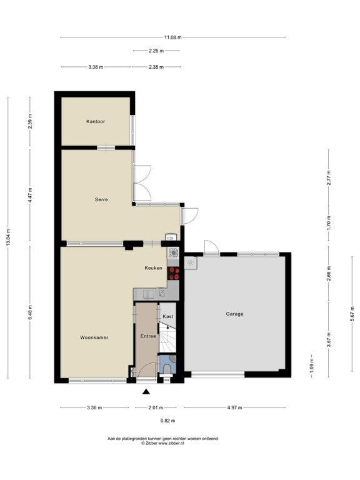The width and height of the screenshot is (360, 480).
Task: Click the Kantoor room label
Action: pyautogui.click(x=96, y=121)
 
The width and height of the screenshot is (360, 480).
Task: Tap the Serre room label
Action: pyautogui.click(x=101, y=199)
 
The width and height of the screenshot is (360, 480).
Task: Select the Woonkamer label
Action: pyautogui.click(x=94, y=337)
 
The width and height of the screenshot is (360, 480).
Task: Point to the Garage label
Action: pyautogui.click(x=235, y=314)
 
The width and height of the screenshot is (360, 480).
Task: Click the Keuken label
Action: pyautogui.click(x=153, y=268)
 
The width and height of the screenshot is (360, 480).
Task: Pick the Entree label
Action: pyautogui.click(x=148, y=336)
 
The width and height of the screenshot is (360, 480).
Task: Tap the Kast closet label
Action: pyautogui.click(x=167, y=316)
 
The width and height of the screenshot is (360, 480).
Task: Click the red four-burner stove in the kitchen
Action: pyautogui.click(x=174, y=273)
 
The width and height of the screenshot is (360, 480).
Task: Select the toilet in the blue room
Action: pyautogui.click(x=167, y=369)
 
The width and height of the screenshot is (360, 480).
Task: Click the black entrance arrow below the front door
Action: pyautogui.click(x=146, y=391)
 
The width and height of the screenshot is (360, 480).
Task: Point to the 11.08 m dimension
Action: pyautogui.click(x=173, y=37)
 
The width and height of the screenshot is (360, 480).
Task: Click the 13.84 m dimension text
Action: pyautogui.click(x=8, y=237)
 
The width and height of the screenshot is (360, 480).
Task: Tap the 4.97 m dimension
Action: pyautogui.click(x=234, y=407)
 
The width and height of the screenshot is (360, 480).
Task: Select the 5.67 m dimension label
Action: pyautogui.click(x=352, y=314)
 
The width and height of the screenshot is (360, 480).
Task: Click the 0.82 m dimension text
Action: pyautogui.click(x=167, y=421)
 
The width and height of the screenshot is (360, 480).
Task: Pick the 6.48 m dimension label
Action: pyautogui.click(x=30, y=312)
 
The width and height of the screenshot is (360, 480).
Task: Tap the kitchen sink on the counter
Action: pyautogui.click(x=149, y=294)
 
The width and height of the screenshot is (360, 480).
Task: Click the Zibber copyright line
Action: pyautogui.click(x=162, y=443)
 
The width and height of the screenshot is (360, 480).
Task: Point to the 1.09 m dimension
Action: pyautogui.click(x=312, y=366)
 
